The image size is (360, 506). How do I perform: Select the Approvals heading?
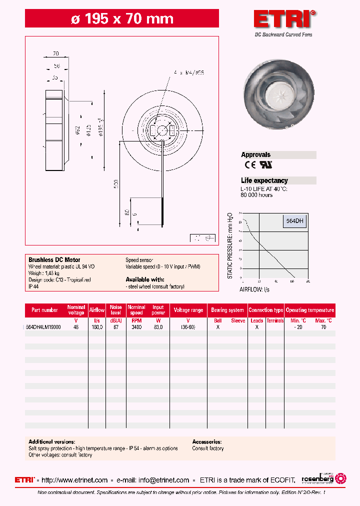[255, 155]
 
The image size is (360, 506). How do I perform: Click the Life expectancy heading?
[264, 180]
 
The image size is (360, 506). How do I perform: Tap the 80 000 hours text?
[256, 195]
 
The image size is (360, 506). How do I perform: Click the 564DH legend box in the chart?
[294, 220]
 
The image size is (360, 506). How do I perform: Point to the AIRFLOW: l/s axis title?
[254, 289]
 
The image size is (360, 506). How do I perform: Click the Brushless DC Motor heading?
[54, 260]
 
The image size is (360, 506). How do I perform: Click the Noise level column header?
[115, 310]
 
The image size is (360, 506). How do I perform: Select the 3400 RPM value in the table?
[136, 326]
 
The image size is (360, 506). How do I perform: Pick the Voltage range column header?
[188, 310]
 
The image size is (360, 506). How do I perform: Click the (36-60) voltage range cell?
[188, 326]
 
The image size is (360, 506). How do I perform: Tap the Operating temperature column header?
[310, 310]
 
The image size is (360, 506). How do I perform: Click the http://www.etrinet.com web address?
[74, 480]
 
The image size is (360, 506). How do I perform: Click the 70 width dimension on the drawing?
[55, 53]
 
